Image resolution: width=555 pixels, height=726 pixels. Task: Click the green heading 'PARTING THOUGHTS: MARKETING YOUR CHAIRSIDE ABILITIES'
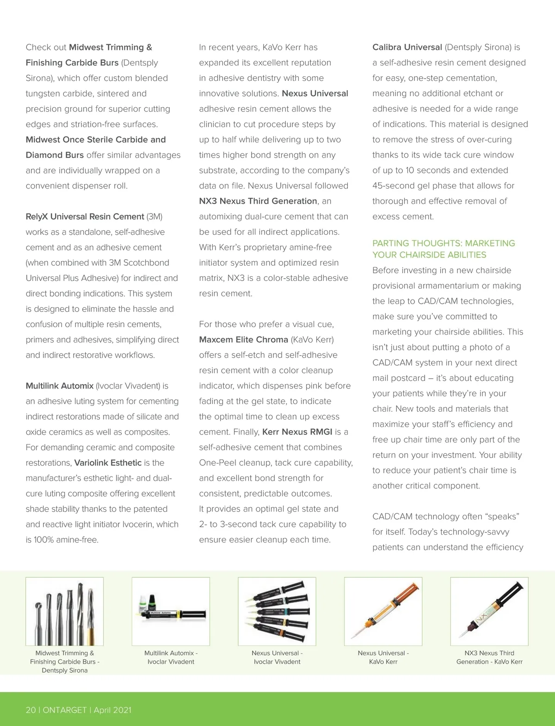443,249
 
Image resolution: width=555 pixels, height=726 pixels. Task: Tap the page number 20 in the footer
31,710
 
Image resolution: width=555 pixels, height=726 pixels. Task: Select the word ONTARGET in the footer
65,710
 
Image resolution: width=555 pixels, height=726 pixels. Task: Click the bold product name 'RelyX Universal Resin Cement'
85,216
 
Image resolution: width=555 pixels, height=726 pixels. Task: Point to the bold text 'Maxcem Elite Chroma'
243,339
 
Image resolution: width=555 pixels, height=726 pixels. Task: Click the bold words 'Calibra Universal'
407,47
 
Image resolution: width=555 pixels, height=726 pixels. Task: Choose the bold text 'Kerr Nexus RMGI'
297,432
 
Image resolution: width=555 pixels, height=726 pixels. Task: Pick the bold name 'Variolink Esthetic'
108,463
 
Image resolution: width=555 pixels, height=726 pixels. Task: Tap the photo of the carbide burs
65,611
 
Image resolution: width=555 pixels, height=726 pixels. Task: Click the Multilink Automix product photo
171,611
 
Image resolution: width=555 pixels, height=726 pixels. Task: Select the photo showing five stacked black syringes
277,611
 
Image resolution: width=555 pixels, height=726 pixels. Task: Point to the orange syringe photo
383,611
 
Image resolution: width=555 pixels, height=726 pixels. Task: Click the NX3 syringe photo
489,611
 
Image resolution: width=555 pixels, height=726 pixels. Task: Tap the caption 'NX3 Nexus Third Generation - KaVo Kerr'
489,657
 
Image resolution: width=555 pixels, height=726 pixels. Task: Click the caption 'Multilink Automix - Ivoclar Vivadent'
171,657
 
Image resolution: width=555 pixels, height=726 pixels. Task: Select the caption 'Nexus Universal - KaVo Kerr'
383,657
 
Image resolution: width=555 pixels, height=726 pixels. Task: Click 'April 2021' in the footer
112,710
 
